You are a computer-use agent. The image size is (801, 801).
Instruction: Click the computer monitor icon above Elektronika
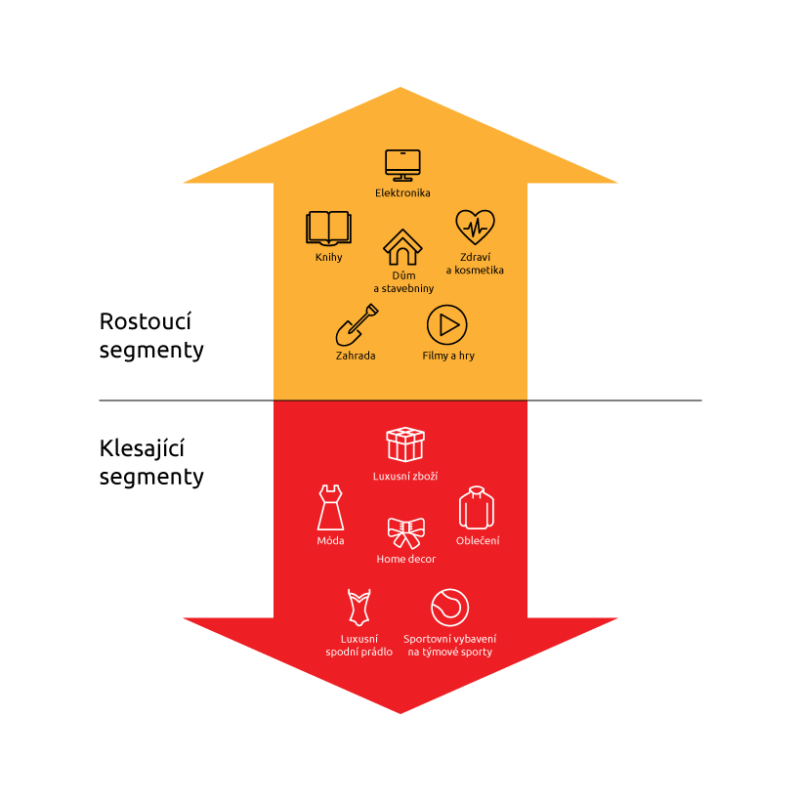coord(402,164)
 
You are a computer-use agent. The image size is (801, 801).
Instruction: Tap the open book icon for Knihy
coord(328,228)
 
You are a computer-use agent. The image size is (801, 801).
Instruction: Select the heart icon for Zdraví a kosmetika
coord(475,228)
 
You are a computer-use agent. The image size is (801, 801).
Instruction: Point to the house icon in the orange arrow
coord(401,247)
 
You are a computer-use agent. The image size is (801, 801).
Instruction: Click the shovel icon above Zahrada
coord(357,324)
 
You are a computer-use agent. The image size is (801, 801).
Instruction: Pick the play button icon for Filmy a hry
coord(447,324)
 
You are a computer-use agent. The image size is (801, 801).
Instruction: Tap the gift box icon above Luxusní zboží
coord(404,444)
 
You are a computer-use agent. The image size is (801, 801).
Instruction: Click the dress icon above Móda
coord(330,507)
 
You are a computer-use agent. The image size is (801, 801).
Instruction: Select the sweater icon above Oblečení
coord(477,507)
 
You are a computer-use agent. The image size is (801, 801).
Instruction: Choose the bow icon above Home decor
coord(405,533)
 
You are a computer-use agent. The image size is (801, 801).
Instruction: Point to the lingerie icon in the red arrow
coord(359,607)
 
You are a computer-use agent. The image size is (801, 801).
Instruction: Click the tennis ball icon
coord(449,607)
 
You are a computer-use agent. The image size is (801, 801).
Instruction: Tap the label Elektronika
coord(402,193)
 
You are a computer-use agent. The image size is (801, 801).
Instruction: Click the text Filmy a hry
coord(448,356)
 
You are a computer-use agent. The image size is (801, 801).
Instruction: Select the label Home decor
coord(405,559)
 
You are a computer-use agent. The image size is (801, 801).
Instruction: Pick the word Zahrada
coord(356,356)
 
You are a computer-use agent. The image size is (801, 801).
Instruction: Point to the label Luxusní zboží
coord(404,476)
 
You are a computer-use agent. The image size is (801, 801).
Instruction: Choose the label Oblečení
coord(478,540)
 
